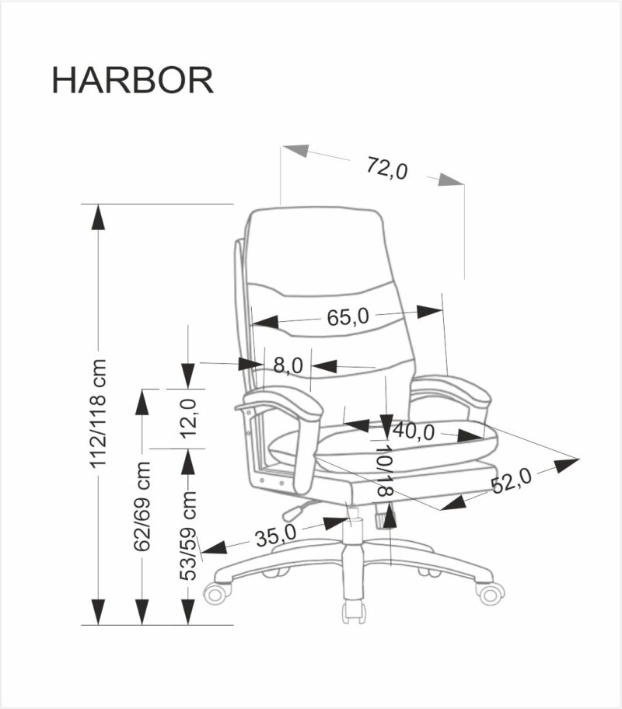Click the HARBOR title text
pos(132,80)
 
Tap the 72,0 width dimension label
pos(386,167)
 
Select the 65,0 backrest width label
pos(347,317)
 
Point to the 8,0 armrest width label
pos(288,365)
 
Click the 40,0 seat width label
pos(414,431)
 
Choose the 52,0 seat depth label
pos(511,483)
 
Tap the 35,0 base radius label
pos(276,535)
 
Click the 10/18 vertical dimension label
pos(385,470)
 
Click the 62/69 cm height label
pos(142,506)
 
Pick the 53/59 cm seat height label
pos(187,536)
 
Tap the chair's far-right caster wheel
pos(490,594)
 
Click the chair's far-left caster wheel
pos(216,594)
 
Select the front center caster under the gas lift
pos(354,610)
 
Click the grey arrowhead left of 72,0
pos(296,150)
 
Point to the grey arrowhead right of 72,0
pos(450,180)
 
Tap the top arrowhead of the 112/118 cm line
pos(98,218)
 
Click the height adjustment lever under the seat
pos(294,512)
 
